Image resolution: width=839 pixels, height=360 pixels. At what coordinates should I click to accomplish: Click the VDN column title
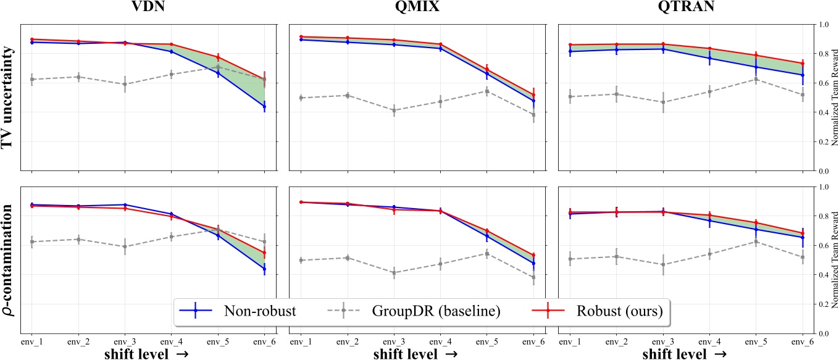coord(148,9)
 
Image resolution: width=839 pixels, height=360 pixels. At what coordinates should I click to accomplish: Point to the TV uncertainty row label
coord(9,97)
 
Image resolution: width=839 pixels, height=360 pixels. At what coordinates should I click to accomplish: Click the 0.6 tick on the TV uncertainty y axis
coord(820,83)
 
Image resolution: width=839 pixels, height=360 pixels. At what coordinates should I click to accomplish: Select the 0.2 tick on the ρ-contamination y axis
coord(820,304)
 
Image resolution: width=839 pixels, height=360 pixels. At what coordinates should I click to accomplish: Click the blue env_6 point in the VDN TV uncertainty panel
coord(264,106)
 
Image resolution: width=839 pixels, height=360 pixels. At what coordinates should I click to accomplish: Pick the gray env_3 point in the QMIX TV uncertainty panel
coord(394,111)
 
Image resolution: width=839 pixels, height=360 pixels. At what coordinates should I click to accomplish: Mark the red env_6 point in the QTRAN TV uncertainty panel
coord(803,63)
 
